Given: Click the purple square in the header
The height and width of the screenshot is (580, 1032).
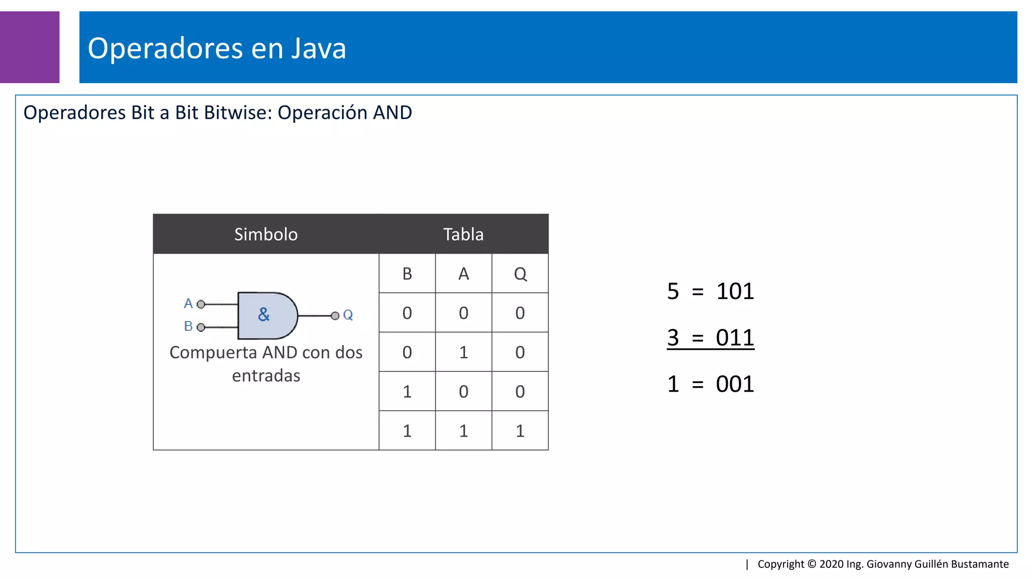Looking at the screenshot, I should [29, 47].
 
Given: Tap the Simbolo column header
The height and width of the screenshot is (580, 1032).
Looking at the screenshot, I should [266, 234].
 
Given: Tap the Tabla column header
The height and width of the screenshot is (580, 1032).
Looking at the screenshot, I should [463, 234].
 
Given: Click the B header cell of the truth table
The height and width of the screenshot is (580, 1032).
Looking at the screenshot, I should [407, 274].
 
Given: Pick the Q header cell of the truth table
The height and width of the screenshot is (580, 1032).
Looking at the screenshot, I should [520, 274].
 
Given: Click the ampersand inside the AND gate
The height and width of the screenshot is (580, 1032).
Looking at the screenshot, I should [264, 315].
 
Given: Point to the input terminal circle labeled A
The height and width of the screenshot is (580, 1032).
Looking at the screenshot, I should [201, 304].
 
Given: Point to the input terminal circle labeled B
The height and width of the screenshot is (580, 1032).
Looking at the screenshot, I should [201, 327].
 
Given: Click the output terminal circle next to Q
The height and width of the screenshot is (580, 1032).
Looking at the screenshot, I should [335, 316].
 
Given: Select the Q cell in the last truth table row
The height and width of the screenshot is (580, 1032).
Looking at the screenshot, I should [520, 431].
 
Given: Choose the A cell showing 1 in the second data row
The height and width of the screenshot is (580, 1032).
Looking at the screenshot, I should [464, 352].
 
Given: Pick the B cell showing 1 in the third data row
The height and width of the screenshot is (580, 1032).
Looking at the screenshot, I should [407, 392].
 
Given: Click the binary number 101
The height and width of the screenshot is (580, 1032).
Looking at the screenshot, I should [735, 292].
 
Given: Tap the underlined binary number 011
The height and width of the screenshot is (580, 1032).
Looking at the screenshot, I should [735, 338].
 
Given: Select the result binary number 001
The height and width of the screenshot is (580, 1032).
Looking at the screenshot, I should [735, 384].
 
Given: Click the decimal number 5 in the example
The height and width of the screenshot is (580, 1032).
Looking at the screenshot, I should [673, 292].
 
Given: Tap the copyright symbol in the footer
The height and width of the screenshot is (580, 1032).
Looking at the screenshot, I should [812, 564].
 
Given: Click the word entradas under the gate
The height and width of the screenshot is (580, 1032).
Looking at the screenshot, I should [266, 376].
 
